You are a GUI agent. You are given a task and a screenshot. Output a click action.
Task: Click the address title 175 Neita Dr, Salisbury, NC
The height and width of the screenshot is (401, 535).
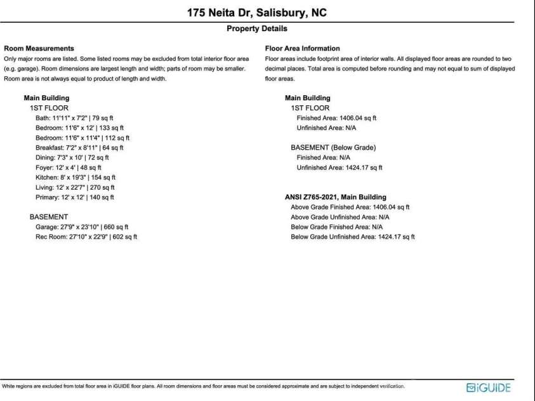(x=257, y=13)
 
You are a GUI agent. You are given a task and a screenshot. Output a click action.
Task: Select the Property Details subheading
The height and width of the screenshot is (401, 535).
(x=256, y=29)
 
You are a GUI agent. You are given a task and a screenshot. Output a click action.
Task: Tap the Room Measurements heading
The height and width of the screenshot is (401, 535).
(x=39, y=48)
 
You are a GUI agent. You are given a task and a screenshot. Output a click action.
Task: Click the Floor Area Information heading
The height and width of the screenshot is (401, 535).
(x=302, y=48)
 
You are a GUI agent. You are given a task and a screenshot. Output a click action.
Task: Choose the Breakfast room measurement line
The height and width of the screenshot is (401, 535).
(x=79, y=147)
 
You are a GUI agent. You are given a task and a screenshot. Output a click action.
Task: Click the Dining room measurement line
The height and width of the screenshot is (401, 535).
(x=72, y=157)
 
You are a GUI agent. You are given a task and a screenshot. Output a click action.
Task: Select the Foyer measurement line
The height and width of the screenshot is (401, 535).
(x=69, y=168)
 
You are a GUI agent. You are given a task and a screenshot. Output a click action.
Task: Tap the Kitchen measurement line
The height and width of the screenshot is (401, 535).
(x=76, y=178)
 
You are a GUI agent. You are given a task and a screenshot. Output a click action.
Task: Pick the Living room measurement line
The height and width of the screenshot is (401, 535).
(x=76, y=188)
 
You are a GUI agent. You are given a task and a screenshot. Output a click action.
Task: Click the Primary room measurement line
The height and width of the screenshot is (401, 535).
(x=75, y=197)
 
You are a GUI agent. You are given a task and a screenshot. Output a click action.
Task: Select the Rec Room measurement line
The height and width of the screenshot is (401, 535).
(x=86, y=237)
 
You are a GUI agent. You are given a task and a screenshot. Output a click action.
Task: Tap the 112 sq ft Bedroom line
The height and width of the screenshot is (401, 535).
(x=83, y=138)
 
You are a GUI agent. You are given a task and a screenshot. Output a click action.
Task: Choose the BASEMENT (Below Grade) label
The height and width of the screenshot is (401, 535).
(x=333, y=148)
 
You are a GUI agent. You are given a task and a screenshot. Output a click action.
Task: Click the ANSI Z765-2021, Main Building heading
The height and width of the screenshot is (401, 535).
(x=335, y=197)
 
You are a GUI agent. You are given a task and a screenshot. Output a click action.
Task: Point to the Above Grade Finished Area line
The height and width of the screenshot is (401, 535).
(x=350, y=207)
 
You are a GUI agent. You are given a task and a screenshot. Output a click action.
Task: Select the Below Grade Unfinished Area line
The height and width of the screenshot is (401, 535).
(x=352, y=237)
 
